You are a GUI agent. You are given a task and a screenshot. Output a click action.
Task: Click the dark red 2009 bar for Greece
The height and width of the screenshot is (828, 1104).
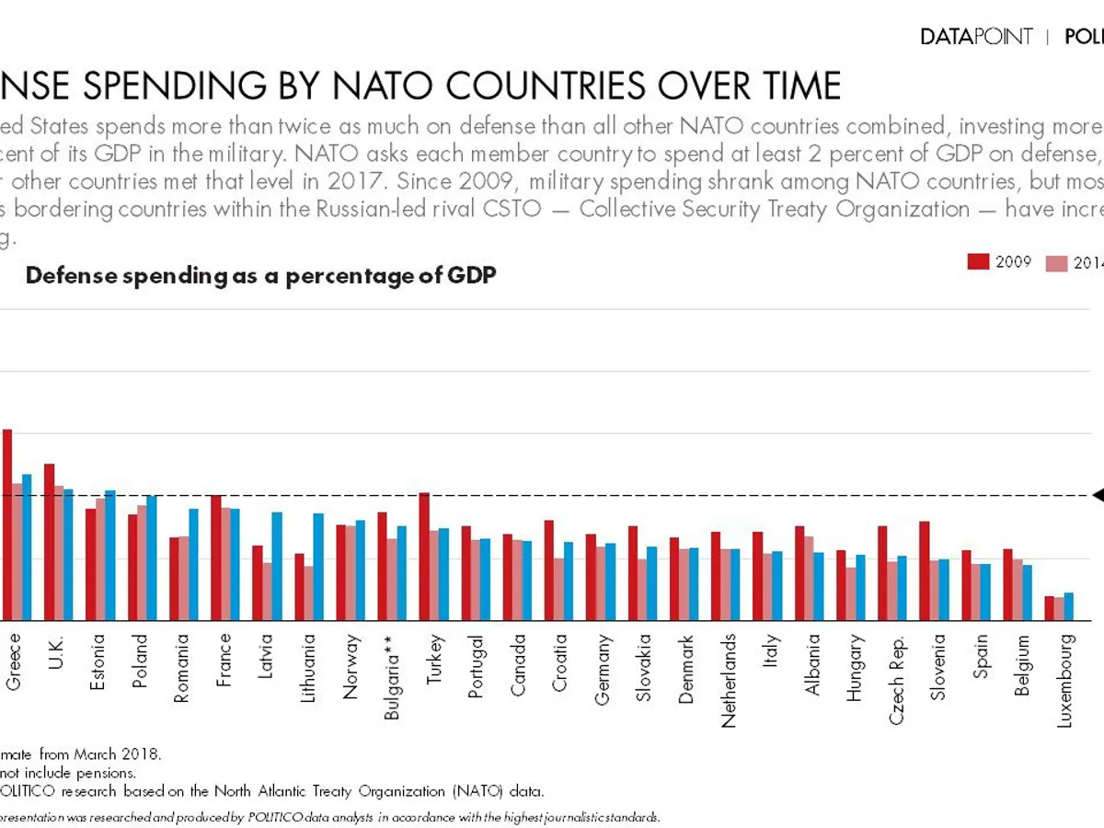coord(7,524)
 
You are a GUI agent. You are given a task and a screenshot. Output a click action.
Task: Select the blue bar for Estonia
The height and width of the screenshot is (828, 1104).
coord(110,556)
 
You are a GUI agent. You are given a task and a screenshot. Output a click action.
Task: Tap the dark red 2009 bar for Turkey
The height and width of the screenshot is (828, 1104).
coord(424,557)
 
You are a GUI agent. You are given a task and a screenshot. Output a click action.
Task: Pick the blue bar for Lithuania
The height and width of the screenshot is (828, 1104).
coord(318,567)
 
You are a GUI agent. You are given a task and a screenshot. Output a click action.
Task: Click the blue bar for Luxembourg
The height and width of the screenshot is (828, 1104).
coord(1068,606)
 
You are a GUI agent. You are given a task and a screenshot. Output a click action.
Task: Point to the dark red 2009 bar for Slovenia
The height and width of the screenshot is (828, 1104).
coord(924,570)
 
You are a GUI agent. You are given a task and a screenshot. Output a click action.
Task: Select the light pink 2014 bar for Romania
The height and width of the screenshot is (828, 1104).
coord(183,578)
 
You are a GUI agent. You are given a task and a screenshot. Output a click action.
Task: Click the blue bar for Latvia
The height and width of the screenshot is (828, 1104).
coord(276,566)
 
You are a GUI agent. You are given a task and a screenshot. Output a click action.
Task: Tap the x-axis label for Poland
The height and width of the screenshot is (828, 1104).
coord(139,656)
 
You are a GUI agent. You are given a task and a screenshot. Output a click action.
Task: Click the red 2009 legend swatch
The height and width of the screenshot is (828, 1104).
coord(978,262)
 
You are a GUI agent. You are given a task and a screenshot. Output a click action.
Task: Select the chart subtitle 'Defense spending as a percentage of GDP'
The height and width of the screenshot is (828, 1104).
coord(261,276)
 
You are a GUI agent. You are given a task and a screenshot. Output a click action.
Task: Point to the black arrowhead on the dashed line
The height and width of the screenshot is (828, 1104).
coord(1098,495)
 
